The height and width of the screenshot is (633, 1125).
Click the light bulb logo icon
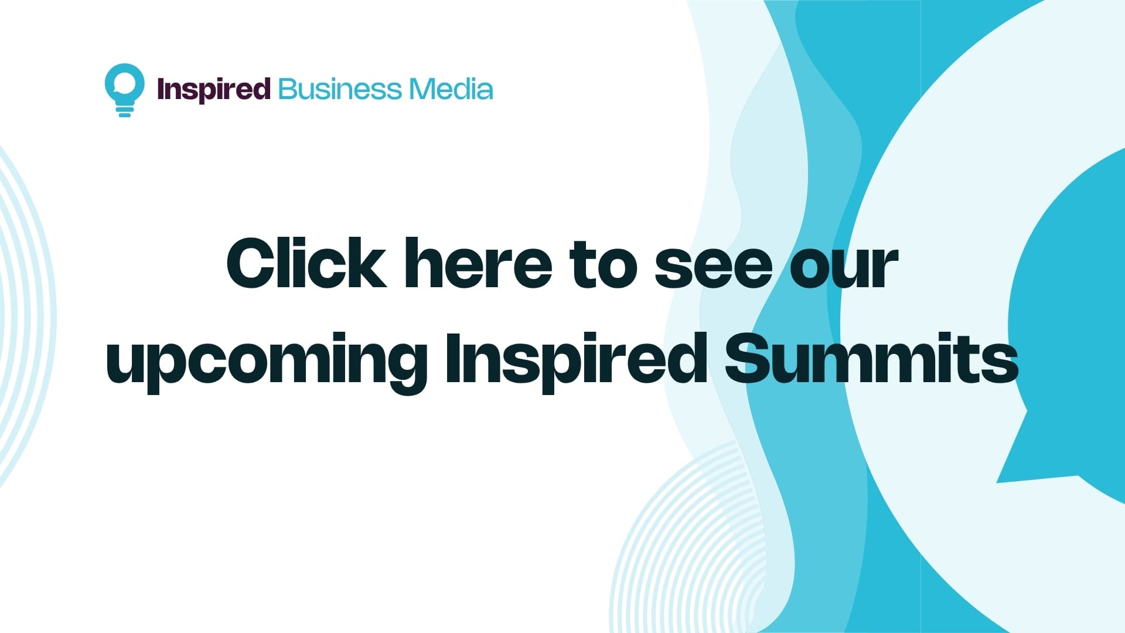[124, 89]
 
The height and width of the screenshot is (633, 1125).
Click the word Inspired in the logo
[214, 90]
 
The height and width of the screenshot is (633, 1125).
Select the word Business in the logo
[340, 90]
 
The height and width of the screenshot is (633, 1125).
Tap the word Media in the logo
[451, 90]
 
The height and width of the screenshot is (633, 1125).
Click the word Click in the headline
[306, 264]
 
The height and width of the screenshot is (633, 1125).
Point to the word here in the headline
[478, 264]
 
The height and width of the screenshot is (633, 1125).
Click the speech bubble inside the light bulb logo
[124, 85]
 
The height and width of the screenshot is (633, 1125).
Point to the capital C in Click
[252, 264]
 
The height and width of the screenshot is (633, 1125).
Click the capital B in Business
[289, 90]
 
